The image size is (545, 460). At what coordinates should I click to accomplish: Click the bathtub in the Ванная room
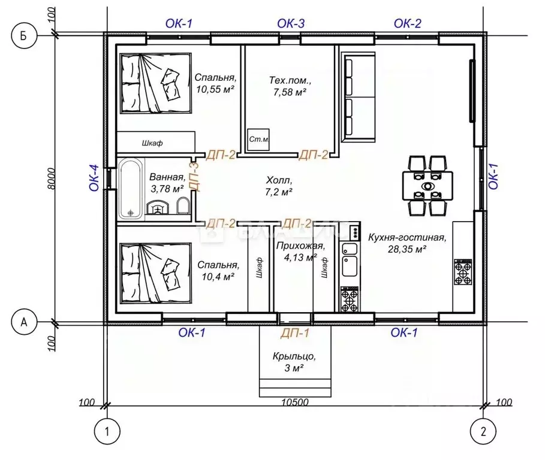pyautogui.click(x=130, y=189)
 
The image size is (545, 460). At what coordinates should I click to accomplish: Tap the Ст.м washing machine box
pyautogui.click(x=258, y=140)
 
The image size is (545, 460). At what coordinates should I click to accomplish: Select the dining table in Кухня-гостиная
pyautogui.click(x=427, y=186)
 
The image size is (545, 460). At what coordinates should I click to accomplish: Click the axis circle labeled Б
pyautogui.click(x=24, y=36)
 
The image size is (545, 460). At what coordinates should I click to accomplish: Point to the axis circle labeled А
pyautogui.click(x=24, y=322)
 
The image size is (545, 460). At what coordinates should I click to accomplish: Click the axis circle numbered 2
pyautogui.click(x=483, y=432)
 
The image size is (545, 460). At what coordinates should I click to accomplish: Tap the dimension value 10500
pyautogui.click(x=295, y=402)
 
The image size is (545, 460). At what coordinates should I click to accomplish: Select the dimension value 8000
pyautogui.click(x=52, y=178)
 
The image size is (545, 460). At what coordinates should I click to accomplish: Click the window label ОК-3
pyautogui.click(x=291, y=23)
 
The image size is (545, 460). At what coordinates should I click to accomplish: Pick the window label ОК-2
pyautogui.click(x=407, y=23)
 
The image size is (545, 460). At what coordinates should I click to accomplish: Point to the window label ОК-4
pyautogui.click(x=95, y=178)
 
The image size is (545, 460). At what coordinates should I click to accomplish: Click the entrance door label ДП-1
pyautogui.click(x=295, y=333)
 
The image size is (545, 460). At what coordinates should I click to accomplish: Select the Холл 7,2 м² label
pyautogui.click(x=279, y=186)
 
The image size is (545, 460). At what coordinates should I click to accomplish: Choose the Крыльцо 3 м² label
pyautogui.click(x=294, y=362)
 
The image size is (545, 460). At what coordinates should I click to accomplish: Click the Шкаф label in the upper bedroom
pyautogui.click(x=152, y=143)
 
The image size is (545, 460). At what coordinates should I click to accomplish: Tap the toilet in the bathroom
pyautogui.click(x=183, y=205)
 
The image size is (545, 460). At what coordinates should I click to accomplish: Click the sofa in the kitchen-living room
pyautogui.click(x=358, y=97)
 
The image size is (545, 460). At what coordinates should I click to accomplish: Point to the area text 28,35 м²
pyautogui.click(x=407, y=249)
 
